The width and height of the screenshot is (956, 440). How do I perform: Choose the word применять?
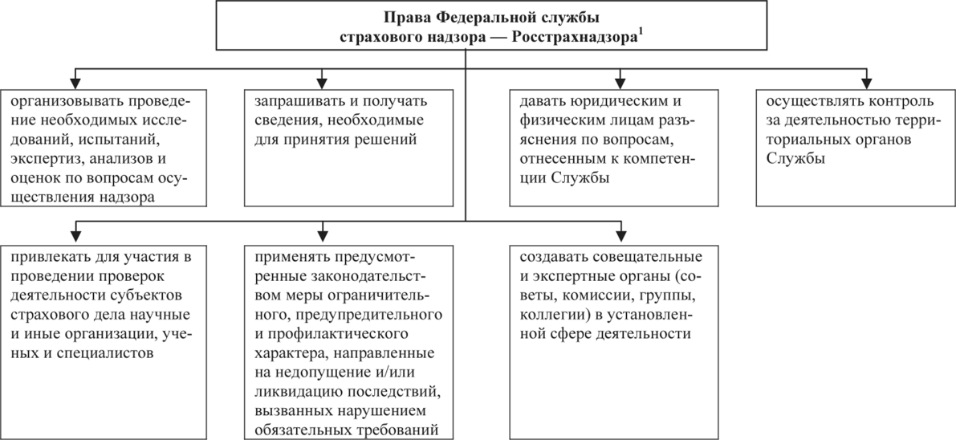coord(290,259)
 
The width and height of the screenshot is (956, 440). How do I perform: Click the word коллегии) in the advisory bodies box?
coord(554,314)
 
